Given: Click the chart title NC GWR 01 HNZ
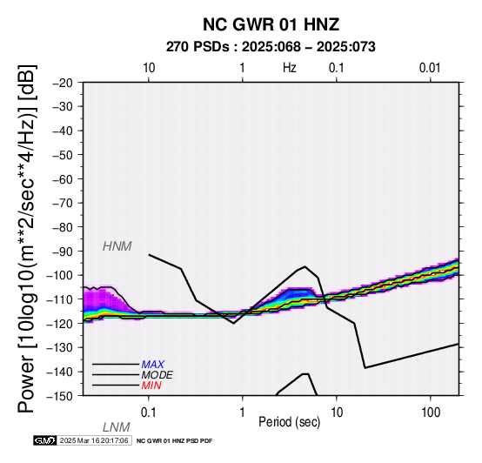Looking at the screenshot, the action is click(271, 24).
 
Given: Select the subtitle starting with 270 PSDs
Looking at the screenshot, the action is click(271, 47).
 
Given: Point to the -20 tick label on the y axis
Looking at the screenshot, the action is click(63, 83).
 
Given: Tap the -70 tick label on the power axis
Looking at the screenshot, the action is click(63, 204).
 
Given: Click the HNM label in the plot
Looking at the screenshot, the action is click(117, 246).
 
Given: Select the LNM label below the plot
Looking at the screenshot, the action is click(117, 427).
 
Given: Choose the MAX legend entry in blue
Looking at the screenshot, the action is click(153, 365).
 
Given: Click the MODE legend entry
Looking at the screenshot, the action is click(157, 375).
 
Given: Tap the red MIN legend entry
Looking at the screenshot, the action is click(151, 386).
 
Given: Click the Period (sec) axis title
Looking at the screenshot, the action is click(289, 422).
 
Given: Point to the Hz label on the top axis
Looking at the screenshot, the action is click(290, 68).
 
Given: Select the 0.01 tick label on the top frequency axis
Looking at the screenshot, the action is click(430, 68).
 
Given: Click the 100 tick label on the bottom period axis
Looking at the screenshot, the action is click(431, 413).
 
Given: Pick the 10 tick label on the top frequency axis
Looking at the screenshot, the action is click(149, 68).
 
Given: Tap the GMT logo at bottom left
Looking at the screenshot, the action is click(45, 440).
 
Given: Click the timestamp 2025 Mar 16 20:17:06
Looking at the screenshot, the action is click(94, 440).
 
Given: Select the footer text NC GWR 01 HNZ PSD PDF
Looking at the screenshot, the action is click(174, 441).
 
